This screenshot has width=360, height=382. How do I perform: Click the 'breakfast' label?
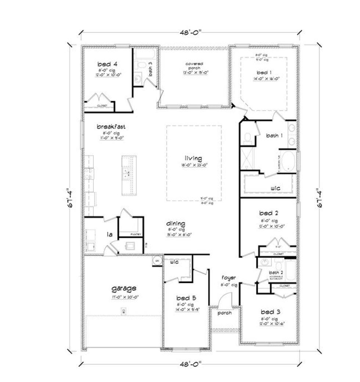[111, 127]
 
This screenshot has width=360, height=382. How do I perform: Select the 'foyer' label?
[228, 278]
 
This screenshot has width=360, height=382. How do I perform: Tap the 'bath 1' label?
[274, 136]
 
